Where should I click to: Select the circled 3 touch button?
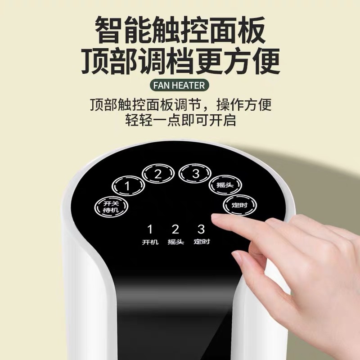coord(195,174)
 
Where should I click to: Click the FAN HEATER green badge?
coord(180,85)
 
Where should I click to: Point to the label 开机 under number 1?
coord(150,242)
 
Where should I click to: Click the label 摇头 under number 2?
coord(175,242)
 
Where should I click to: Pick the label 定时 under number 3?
coord(202,242)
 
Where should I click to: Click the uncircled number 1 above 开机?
coord(150,229)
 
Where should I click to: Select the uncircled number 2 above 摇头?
coord(175,229)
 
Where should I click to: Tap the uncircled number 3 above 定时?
coord(201,229)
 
